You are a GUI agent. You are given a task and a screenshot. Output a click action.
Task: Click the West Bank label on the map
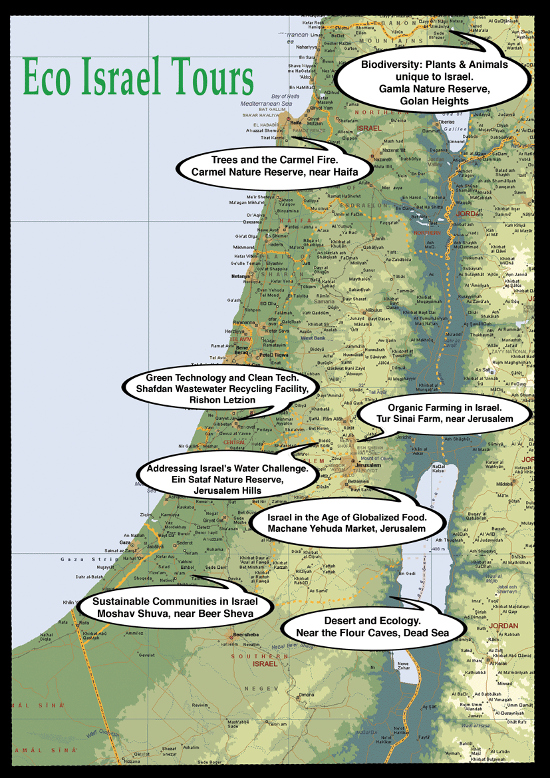(x=313, y=338)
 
